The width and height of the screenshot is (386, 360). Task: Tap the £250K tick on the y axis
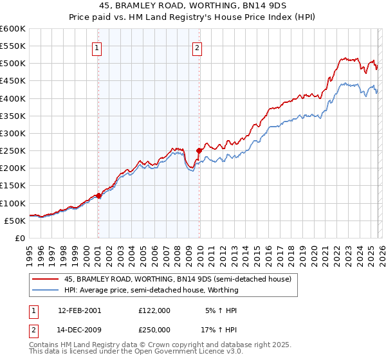(13, 150)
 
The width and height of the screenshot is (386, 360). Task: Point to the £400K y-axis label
(13, 98)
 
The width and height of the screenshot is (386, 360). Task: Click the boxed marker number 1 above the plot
(96, 47)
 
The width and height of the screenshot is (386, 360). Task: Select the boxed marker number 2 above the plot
(197, 47)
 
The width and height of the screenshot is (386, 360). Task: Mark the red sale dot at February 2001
(98, 195)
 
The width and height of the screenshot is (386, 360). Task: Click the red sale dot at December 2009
(199, 150)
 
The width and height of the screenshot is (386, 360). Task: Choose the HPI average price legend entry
(151, 290)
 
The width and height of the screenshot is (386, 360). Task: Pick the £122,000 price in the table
(154, 310)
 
